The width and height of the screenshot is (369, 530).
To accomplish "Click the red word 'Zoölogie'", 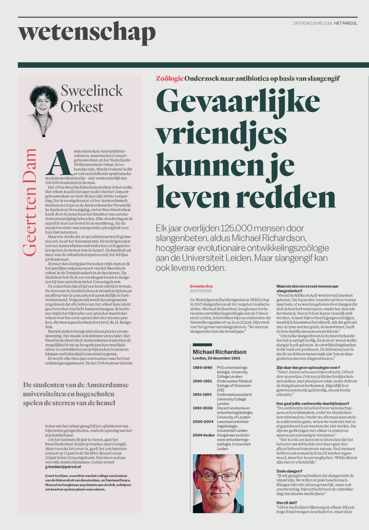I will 169,79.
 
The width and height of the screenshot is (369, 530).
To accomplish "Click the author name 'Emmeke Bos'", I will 201,286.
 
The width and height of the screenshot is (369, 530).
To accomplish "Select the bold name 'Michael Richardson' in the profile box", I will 219,352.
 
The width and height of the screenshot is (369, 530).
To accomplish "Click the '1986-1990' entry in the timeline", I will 202,367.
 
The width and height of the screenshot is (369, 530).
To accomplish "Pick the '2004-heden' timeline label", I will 203,435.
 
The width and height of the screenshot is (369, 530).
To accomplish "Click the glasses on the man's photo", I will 218,476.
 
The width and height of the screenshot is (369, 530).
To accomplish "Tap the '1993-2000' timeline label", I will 202,408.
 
